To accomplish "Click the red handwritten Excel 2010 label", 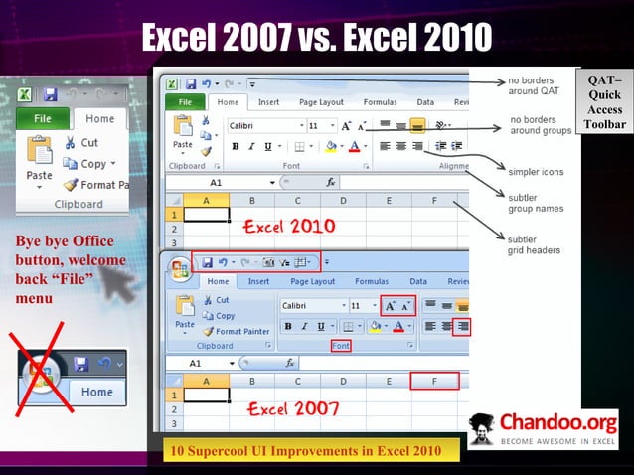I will pos(291,226).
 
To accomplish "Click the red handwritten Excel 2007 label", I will pos(293,407).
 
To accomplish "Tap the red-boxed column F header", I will pos(433,381).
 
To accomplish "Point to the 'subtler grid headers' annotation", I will pos(536,244).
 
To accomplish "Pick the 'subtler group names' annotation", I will pos(536,203).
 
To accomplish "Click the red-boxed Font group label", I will pos(342,345).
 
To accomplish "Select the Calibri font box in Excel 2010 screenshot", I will pos(263,126).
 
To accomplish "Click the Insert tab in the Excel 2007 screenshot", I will pos(258,281).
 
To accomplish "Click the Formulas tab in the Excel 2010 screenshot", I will pos(380,101).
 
